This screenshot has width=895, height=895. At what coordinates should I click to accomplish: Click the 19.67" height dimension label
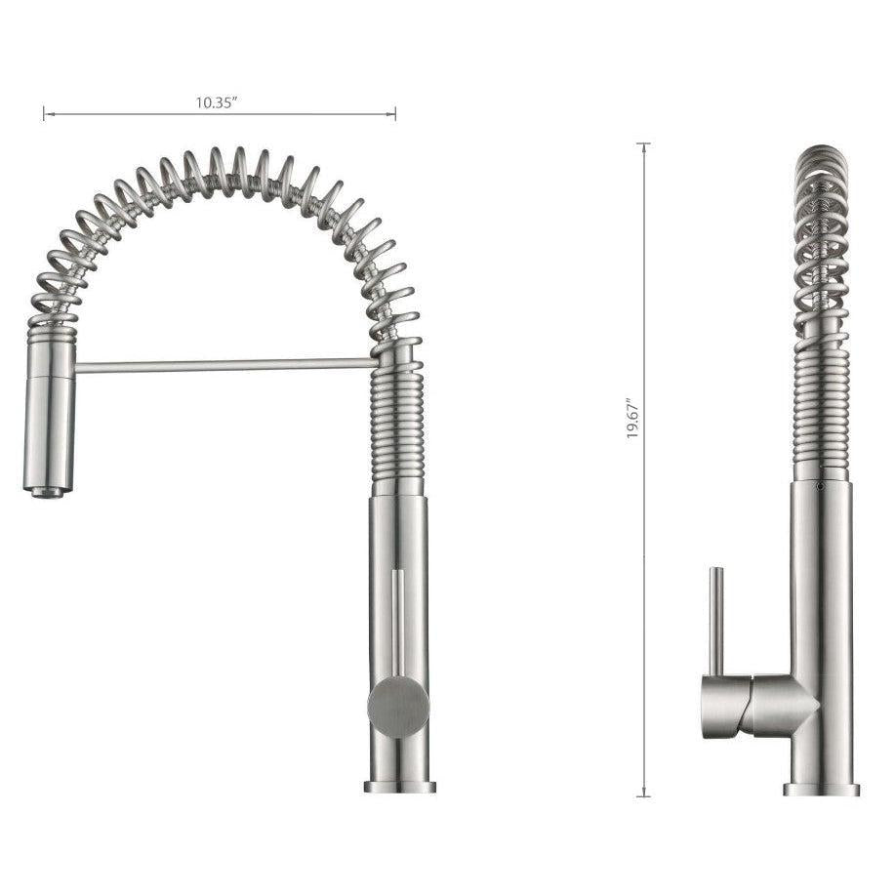pos(632,418)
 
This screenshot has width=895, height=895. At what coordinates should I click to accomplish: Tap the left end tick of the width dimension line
pos(45,114)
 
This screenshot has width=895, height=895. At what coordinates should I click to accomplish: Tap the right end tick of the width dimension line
pos(395,114)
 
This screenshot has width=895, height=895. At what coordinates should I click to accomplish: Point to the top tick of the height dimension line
pos(643,144)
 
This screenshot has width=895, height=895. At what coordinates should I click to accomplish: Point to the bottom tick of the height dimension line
pos(643,796)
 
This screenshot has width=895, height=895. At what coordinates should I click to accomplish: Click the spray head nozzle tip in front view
pos(47,491)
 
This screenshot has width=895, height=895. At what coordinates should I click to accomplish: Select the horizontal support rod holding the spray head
pos(224,366)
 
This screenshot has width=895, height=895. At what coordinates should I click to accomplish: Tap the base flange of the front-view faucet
pos(399,786)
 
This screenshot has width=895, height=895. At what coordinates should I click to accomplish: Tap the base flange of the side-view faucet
pos(821,789)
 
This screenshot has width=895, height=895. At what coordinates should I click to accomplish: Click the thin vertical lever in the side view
pos(715,621)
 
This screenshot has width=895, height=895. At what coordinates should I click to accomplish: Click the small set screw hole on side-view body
pos(820,483)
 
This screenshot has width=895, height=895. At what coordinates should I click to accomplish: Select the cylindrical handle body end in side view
pos(722,706)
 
